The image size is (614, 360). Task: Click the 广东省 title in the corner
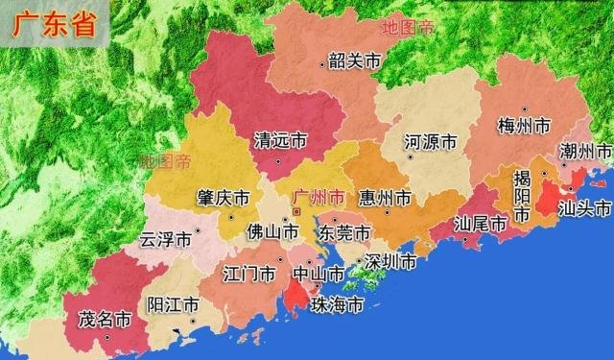pos(54,25)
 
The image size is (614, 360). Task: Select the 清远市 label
pos(279,141)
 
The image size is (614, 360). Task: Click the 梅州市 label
pos(525,126)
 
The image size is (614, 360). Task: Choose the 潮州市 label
pos(585,151)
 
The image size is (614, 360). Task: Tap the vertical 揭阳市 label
pos(522,197)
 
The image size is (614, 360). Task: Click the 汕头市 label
pos(585,208)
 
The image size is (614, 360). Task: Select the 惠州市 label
pos(384,198)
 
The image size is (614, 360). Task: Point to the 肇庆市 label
pos(224,198)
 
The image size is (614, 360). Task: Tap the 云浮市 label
pos(166,239)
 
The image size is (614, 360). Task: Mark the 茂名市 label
pos(104,320)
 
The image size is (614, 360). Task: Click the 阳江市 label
pos(173,305)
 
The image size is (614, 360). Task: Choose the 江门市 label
pos(248,275)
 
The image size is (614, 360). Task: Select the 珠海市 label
pos(338,306)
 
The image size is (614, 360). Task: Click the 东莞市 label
pos(345,233)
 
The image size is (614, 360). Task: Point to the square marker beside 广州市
pos(296,210)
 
